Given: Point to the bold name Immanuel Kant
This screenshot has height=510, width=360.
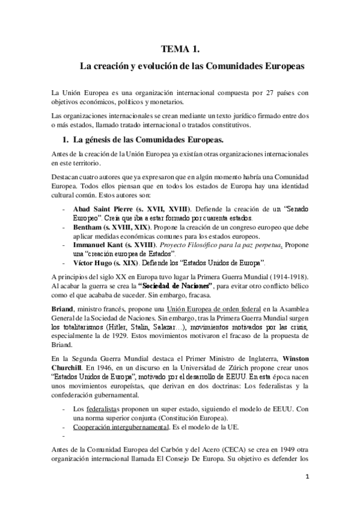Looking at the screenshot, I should click(100, 245).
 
